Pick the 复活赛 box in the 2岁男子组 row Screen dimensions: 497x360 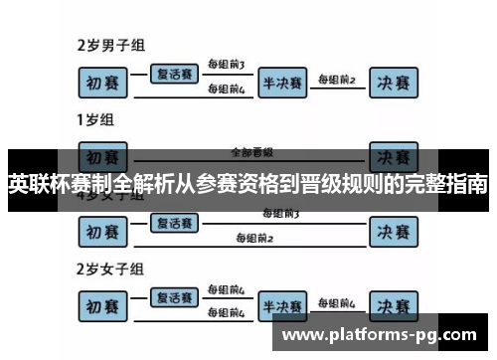175,74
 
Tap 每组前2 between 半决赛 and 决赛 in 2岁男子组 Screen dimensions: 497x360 336,78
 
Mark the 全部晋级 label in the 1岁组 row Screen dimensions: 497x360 248,152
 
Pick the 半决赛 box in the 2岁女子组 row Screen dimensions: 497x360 282,305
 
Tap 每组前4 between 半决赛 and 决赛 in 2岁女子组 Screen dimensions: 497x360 336,301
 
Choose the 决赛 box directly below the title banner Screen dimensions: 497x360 395,231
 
